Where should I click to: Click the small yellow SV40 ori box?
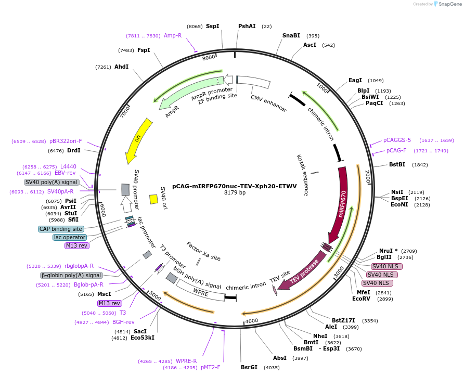coord(153,199)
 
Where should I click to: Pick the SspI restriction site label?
coord(212,26)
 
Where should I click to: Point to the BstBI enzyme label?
coord(397,165)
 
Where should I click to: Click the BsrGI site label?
coord(249,367)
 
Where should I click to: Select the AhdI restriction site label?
coord(121,67)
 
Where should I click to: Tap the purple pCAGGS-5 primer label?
coord(397,140)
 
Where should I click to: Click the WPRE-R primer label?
coord(186,361)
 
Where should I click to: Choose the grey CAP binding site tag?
coord(61,229)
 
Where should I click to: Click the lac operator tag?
coord(70,237)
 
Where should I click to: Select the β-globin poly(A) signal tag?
coord(71,275)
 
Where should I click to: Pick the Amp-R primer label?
coord(173,35)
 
